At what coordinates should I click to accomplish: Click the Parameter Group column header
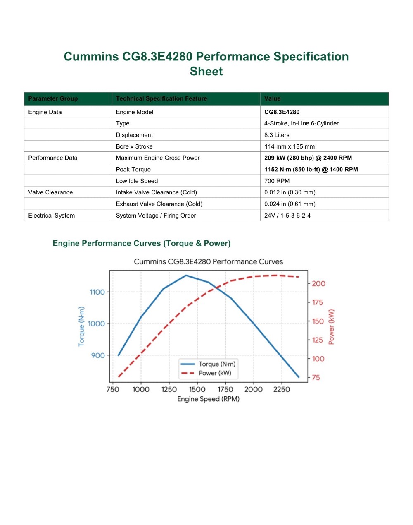(53, 98)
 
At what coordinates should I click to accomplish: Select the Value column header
(272, 98)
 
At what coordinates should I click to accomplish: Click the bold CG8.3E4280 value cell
(282, 112)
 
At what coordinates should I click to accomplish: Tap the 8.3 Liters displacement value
(277, 135)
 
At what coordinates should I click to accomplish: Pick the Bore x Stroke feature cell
(134, 146)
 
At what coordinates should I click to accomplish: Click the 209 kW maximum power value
(308, 158)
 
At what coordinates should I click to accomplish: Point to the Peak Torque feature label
(133, 169)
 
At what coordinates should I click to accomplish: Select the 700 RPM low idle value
(277, 181)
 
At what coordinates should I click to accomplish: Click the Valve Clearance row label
(50, 192)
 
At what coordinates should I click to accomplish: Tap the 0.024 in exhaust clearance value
(290, 204)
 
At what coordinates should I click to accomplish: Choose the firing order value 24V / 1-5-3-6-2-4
(287, 216)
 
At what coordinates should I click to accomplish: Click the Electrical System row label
(51, 216)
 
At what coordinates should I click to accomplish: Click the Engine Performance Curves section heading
(142, 243)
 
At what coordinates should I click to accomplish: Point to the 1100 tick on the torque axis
(97, 292)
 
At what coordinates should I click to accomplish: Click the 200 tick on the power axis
(318, 283)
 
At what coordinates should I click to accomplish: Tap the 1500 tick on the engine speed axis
(197, 389)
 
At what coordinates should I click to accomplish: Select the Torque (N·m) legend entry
(208, 364)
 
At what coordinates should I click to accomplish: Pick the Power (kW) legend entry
(206, 373)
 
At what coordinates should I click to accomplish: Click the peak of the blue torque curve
(186, 276)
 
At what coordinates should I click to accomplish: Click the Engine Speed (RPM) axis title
(208, 399)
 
